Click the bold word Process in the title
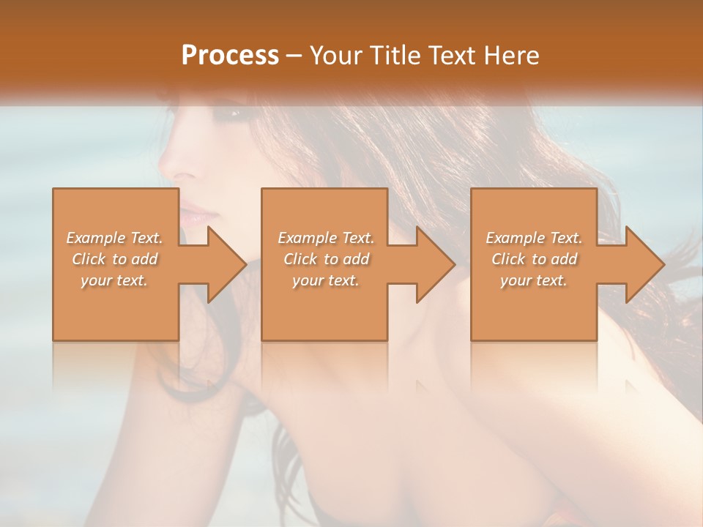pyautogui.click(x=230, y=56)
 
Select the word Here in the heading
pyautogui.click(x=512, y=56)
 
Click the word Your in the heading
pyautogui.click(x=337, y=56)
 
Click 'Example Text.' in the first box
pyautogui.click(x=114, y=238)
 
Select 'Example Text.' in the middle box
pyautogui.click(x=326, y=238)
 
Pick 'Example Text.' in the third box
pyautogui.click(x=534, y=238)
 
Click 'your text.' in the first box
pyautogui.click(x=114, y=280)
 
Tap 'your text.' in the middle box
pyautogui.click(x=326, y=280)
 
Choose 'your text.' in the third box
pyautogui.click(x=534, y=280)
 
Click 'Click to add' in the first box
pyautogui.click(x=114, y=259)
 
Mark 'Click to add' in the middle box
pyautogui.click(x=326, y=259)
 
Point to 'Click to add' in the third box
pyautogui.click(x=534, y=259)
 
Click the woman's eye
pyautogui.click(x=237, y=113)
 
